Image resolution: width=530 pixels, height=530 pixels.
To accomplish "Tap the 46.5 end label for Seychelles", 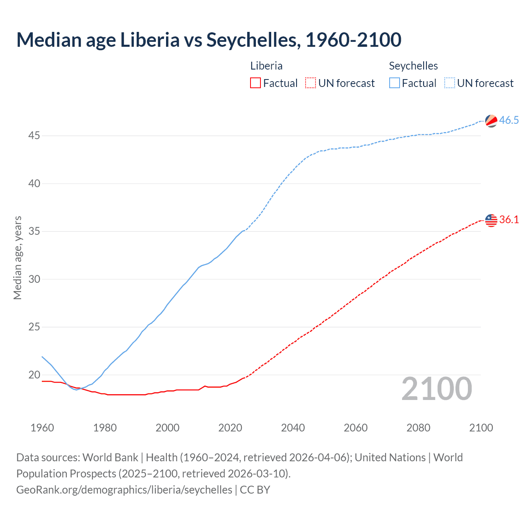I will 509,120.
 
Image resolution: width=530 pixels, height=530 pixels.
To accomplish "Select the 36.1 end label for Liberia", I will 509,220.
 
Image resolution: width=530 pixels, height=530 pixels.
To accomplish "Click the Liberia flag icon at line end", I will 491,220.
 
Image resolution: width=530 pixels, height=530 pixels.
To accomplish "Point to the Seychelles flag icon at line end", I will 491,120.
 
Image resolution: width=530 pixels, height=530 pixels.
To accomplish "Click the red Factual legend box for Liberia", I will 255,83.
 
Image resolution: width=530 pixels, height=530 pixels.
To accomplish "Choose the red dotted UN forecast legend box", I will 311,83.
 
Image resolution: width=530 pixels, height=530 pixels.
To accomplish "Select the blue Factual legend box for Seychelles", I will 395,83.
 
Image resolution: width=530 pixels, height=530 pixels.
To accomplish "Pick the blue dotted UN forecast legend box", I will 449,83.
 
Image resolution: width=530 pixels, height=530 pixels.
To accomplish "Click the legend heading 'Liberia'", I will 266,66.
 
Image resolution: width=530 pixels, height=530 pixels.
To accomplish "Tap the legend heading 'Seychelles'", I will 413,66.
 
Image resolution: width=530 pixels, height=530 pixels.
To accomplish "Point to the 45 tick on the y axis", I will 34,136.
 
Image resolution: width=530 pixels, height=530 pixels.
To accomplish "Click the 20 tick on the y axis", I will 34,375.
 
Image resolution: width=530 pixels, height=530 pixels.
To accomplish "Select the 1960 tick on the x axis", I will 42,428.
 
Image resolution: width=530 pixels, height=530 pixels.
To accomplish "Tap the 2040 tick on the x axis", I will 293,428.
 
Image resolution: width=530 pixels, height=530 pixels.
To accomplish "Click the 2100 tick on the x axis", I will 481,428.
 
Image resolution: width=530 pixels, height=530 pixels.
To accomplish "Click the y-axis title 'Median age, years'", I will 17,258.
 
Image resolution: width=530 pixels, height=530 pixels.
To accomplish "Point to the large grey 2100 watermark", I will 436,389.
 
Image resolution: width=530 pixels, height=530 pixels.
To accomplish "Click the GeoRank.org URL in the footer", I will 124,490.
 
